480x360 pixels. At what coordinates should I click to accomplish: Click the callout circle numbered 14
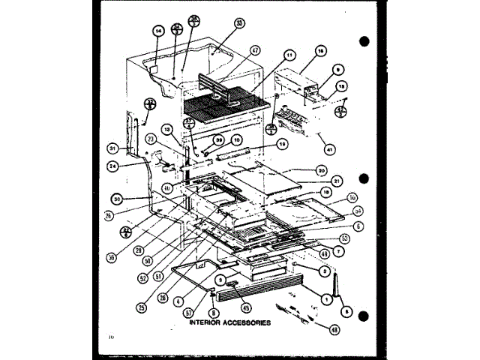pos(157,31)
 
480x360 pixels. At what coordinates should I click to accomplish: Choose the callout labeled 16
pos(319,51)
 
